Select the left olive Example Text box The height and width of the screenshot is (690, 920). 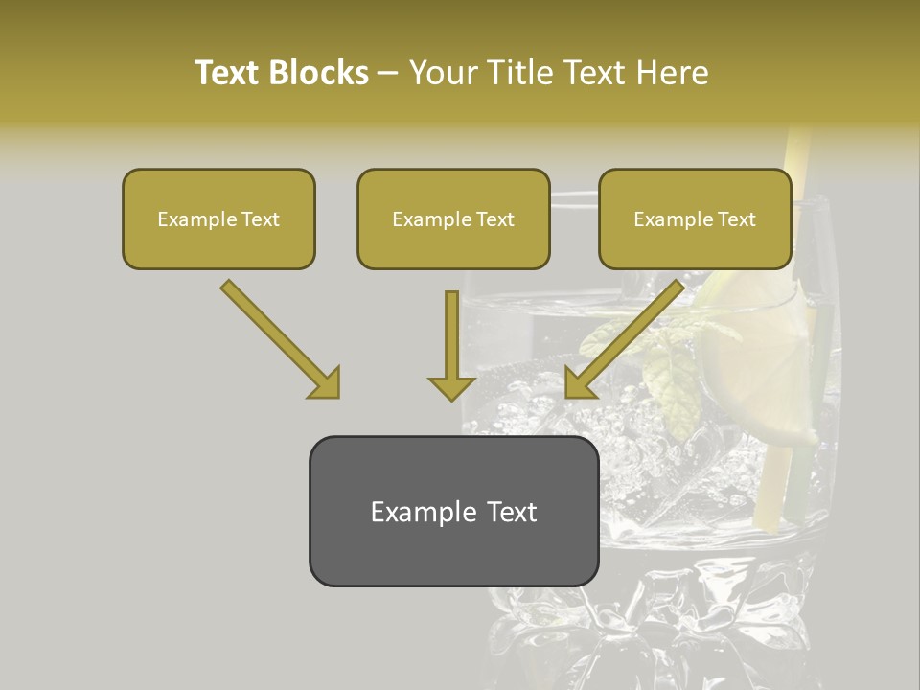coord(218,218)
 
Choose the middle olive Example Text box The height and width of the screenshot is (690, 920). coord(453,218)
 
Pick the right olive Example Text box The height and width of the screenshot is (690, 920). coord(695,218)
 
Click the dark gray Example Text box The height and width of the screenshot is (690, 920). coord(453,512)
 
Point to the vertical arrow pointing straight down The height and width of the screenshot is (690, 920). coord(451,345)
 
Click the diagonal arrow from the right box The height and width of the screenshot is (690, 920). coord(624,338)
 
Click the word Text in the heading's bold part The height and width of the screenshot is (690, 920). coord(228,73)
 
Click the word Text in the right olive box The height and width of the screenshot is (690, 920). coord(736,219)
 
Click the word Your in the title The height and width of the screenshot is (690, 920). coord(444,73)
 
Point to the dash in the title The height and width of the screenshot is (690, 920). coord(388,74)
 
